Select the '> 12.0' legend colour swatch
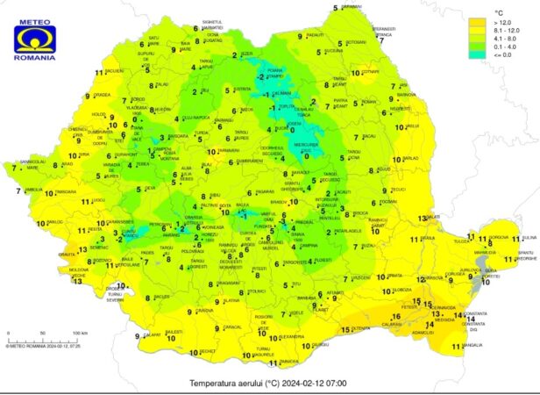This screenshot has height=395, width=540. tap(477, 21)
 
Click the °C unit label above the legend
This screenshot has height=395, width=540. tap(502, 10)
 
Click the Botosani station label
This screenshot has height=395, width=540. tap(355, 42)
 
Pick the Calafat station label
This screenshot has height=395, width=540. tap(152, 334)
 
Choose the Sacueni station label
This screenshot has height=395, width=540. tap(113, 71)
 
